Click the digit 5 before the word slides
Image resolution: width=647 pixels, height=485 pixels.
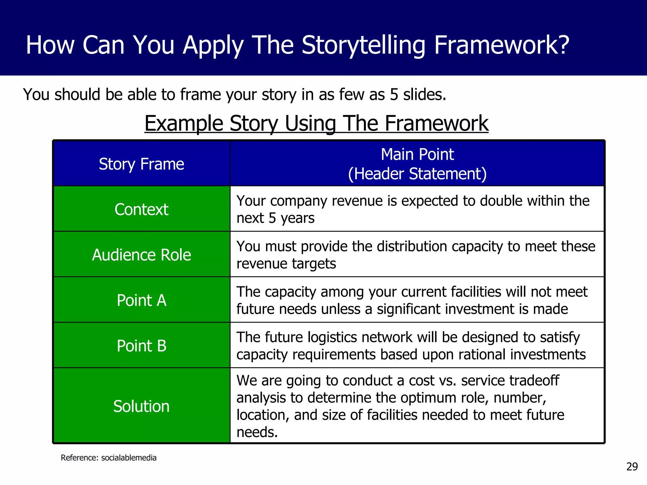(394, 94)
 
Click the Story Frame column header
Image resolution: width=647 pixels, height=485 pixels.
(141, 164)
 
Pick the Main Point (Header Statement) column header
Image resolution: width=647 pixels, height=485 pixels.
(417, 164)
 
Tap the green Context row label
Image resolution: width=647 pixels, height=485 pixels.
(141, 209)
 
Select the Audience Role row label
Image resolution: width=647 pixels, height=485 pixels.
(141, 255)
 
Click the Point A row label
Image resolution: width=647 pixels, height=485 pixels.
(141, 300)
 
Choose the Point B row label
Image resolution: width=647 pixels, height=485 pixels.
(141, 346)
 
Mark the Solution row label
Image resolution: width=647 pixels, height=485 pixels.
(141, 406)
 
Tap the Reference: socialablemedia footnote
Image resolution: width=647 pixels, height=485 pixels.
(108, 458)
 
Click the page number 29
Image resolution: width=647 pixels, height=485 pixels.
(632, 467)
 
